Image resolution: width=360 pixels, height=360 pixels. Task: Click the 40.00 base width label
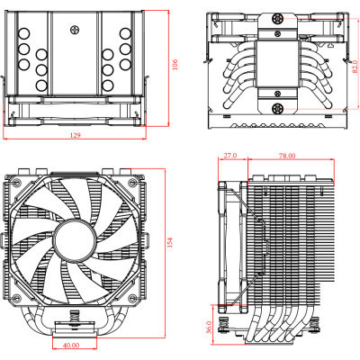71,345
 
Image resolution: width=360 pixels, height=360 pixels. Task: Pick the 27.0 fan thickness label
229,156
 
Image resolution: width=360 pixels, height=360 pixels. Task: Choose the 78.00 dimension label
285,156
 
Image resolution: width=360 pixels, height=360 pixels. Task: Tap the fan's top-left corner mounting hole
22,184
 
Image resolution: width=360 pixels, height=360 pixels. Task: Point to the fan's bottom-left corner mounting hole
22,293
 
